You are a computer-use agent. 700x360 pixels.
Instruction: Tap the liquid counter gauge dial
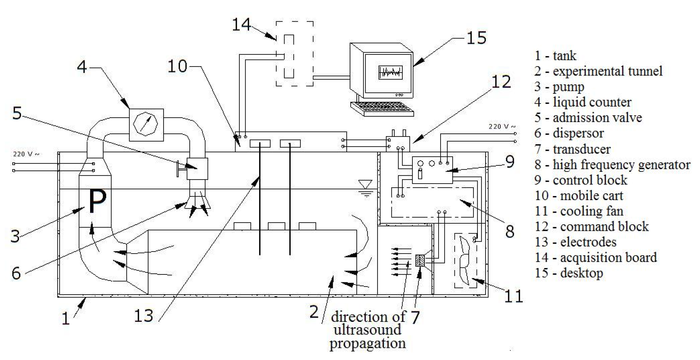pos(146,124)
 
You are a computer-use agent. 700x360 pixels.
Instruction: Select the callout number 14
pos(241,25)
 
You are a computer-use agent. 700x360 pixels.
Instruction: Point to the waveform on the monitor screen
pos(390,72)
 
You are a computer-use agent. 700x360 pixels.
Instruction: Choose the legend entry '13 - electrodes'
pos(575,242)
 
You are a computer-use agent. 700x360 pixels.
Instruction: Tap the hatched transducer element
pos(420,260)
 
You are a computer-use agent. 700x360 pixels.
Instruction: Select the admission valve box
pos(197,168)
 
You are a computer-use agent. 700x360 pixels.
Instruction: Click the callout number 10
pos(177,66)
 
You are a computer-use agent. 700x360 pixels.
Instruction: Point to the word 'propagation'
pos(367,343)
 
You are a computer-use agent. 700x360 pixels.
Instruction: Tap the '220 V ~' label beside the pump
pos(26,154)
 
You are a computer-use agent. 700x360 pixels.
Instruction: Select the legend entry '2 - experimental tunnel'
pos(598,71)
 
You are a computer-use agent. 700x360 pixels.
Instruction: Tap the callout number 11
pos(514,296)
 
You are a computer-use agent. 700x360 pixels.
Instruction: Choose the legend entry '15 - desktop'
pos(569,273)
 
